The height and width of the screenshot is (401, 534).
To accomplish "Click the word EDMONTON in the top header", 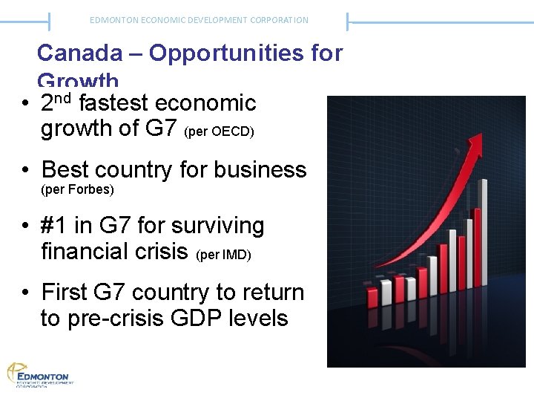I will (109, 20).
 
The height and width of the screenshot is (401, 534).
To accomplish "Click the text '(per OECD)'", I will (220, 132).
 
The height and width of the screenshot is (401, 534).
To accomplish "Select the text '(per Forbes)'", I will (77, 190).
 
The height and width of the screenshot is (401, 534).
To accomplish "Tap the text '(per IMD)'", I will (223, 255).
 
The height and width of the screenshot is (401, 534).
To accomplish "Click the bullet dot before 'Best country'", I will (26, 170).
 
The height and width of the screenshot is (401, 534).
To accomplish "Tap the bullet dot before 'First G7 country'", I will (26, 293).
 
